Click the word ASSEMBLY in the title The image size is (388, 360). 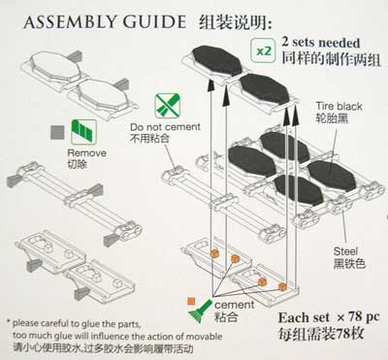click(x=70, y=22)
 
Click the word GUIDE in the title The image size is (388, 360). click(x=154, y=22)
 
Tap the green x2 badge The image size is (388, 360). click(x=263, y=50)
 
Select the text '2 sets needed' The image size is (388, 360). click(x=321, y=43)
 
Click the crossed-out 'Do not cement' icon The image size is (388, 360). click(x=167, y=106)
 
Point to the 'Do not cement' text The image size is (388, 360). click(x=165, y=127)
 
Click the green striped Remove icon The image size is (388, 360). click(x=83, y=132)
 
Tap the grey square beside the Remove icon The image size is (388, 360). click(x=58, y=132)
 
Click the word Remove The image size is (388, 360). click(x=86, y=153)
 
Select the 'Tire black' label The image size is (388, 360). click(x=339, y=106)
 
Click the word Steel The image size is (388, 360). click(x=345, y=251)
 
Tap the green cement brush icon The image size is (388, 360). click(x=200, y=311)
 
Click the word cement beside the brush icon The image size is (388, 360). click(x=235, y=305)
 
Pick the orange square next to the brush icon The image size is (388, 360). click(x=191, y=302)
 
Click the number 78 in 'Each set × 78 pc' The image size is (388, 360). click(x=356, y=317)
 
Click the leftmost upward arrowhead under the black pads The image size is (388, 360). click(x=210, y=85)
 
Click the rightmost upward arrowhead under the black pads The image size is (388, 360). click(x=295, y=117)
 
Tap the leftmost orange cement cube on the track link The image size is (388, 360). click(x=214, y=253)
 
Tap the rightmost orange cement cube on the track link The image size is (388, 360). click(x=283, y=286)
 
